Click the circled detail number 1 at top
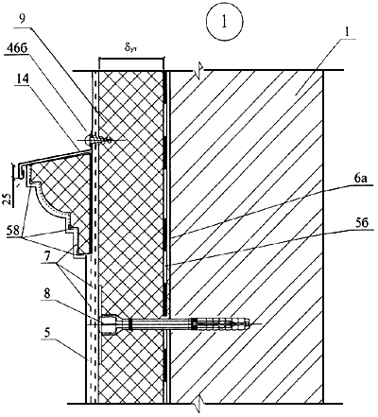pyautogui.click(x=225, y=23)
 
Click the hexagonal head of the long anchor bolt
pyautogui.click(x=108, y=324)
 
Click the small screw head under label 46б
pyautogui.click(x=91, y=140)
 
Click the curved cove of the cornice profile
pyautogui.click(x=47, y=197)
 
